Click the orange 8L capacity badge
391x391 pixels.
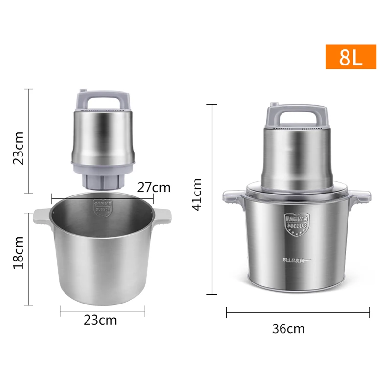point(350,57)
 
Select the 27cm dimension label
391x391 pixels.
point(153,187)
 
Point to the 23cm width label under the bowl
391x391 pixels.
point(100,320)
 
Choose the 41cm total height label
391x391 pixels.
point(197,194)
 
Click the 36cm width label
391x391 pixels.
point(288,329)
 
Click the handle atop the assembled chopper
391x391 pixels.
point(290,114)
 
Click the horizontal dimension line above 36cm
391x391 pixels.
point(298,312)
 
